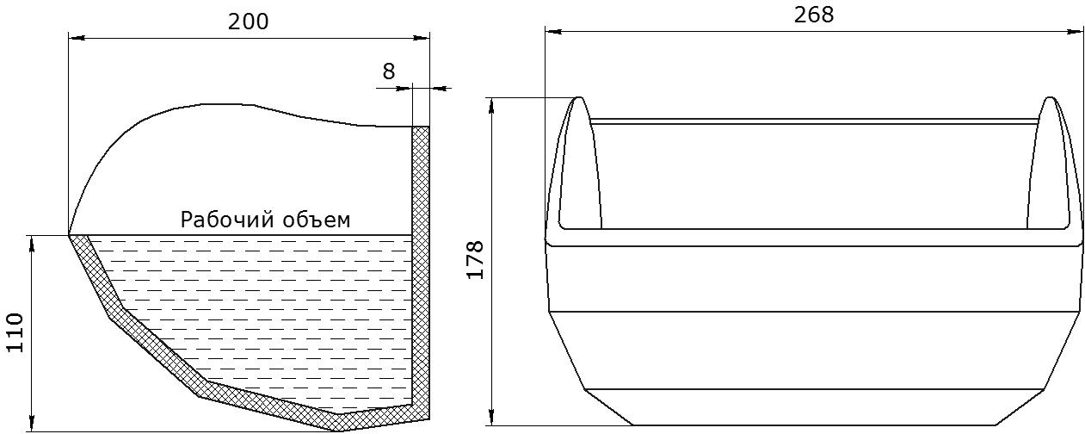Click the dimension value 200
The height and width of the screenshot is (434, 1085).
(x=248, y=22)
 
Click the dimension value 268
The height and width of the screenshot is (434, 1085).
(x=814, y=15)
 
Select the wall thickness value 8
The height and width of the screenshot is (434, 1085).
(x=389, y=71)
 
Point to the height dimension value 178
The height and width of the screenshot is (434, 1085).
(x=476, y=259)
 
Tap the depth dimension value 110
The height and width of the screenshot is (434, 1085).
(x=15, y=332)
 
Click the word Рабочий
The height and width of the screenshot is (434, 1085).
(x=224, y=220)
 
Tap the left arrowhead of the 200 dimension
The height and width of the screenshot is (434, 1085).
(x=76, y=37)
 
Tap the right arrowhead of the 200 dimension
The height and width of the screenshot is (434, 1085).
(x=422, y=37)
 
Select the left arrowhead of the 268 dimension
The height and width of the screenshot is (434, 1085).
(x=552, y=32)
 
